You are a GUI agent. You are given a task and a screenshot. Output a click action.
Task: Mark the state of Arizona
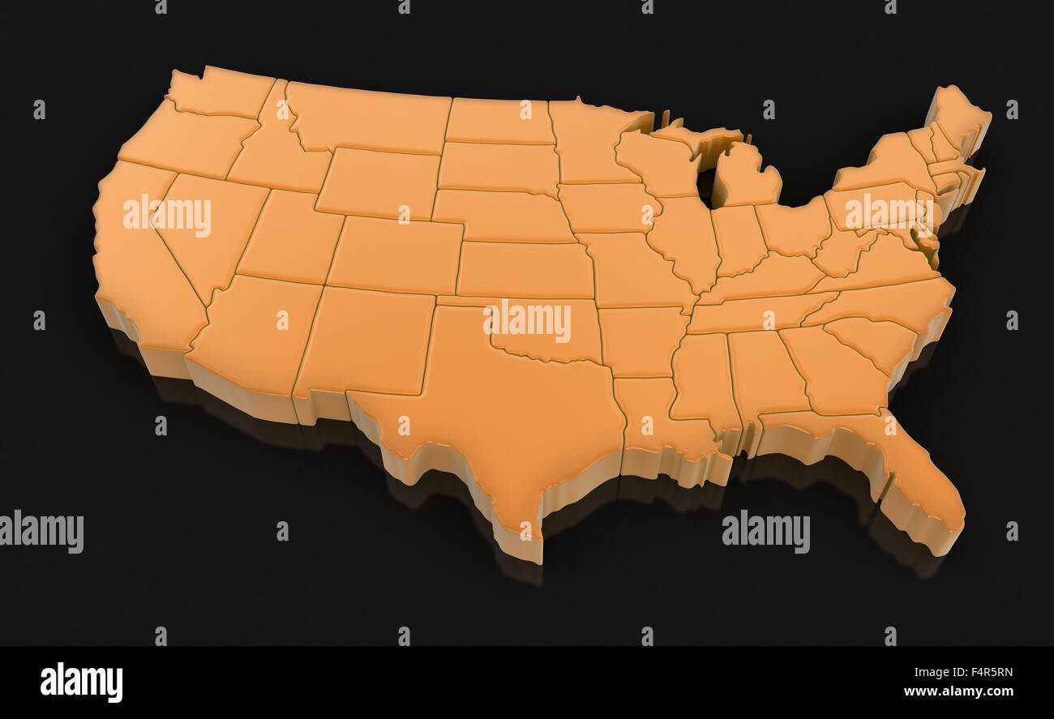coord(255,332)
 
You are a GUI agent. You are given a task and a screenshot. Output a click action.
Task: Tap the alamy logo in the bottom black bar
coord(81,683)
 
